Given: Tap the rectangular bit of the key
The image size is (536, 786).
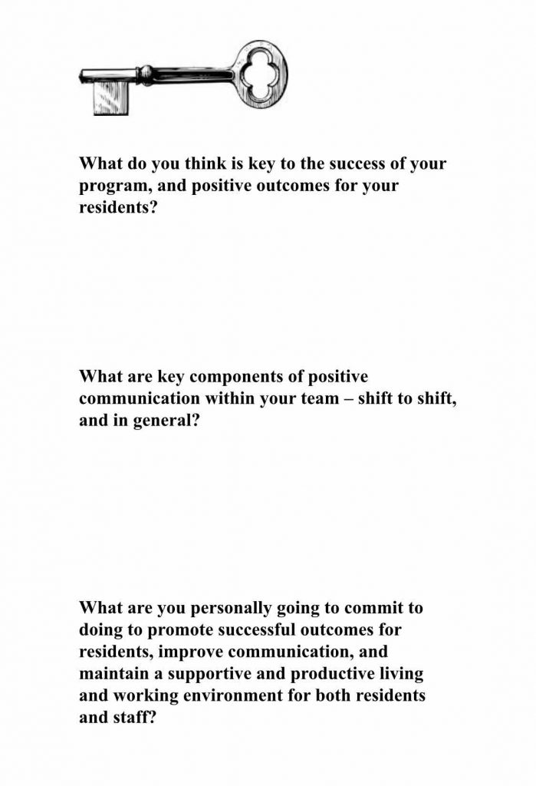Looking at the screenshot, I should (110, 97).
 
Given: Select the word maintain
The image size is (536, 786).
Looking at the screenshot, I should (111, 674).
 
